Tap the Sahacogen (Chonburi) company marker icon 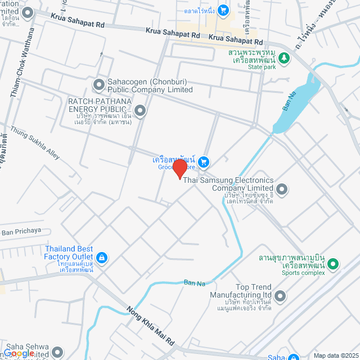click(99, 85)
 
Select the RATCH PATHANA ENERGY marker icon click(139, 110)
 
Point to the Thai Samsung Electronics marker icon click(282, 188)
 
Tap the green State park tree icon click(285, 57)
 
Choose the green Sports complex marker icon click(333, 263)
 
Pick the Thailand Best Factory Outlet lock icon click(102, 258)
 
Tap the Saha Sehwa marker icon click(57, 352)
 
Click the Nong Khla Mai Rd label click(151, 326)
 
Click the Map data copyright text click(336, 355)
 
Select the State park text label click(261, 67)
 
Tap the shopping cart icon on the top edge click(223, 10)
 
